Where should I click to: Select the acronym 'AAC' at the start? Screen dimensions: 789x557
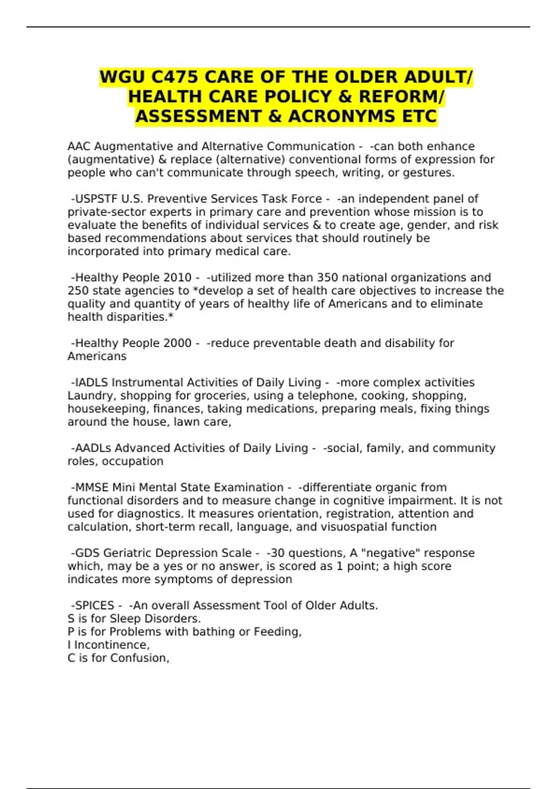coord(79,146)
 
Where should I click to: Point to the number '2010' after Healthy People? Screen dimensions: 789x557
coord(177,278)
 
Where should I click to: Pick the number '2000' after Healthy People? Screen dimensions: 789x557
coord(177,343)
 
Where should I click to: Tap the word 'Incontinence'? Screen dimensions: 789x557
coord(111,645)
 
